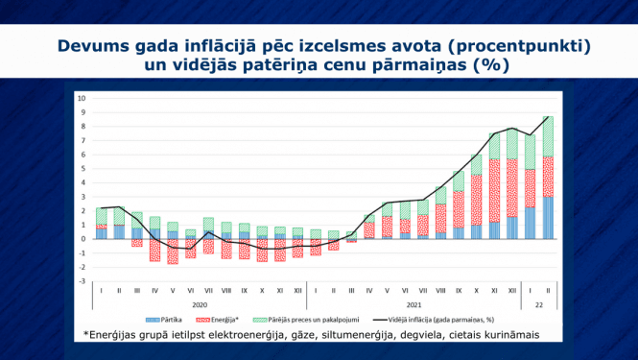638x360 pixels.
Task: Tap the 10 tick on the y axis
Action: click(83, 98)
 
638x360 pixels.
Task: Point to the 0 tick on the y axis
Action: click(84, 239)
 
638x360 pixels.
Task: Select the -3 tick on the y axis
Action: click(83, 281)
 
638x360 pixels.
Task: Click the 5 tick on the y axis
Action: click(84, 168)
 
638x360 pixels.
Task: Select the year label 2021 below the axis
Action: click(413, 301)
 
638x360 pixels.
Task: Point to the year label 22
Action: click(538, 301)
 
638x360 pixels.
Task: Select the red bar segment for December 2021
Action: click(511, 187)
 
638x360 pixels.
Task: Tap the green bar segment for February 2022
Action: click(547, 136)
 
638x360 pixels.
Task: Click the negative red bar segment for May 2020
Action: click(172, 251)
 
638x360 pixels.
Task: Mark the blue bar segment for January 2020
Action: click(101, 233)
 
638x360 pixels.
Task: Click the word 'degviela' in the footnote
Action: click(434, 334)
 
